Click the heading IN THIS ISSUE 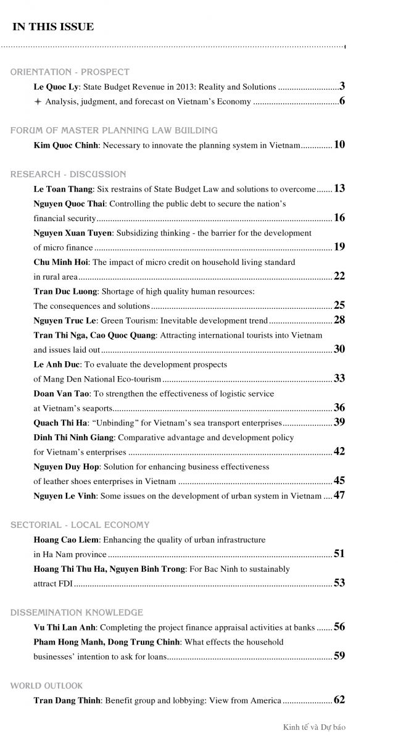point(53,27)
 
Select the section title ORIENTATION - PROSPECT point(70,72)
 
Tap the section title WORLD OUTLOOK point(46,685)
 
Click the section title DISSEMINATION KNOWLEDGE point(77,613)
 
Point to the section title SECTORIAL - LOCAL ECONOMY point(80,525)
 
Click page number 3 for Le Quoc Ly point(342,86)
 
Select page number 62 point(339,700)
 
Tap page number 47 point(339,495)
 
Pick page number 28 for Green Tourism point(339,320)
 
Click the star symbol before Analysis point(38,102)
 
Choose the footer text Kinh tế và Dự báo point(318,727)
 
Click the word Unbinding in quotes point(114,423)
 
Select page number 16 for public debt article point(339,218)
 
